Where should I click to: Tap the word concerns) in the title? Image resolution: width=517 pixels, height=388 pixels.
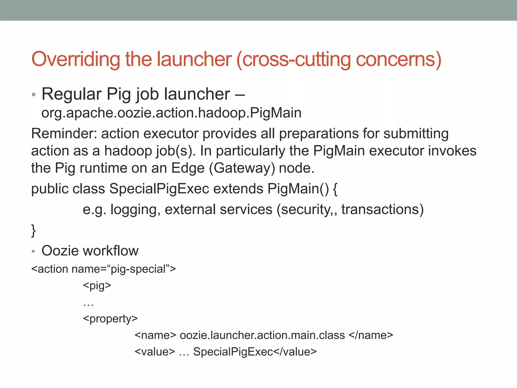click(399, 60)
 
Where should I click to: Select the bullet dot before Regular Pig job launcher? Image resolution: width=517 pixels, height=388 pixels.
click(34, 95)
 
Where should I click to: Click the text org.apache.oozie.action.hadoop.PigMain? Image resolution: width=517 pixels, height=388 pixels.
click(171, 113)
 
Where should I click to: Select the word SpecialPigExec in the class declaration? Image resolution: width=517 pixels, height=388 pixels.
click(159, 189)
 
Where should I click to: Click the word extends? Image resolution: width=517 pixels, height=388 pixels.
click(238, 189)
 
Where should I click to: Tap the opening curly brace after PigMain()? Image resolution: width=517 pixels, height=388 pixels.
click(335, 189)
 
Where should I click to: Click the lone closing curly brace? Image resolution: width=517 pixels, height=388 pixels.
click(33, 230)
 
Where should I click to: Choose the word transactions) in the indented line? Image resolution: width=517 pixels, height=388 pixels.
click(382, 209)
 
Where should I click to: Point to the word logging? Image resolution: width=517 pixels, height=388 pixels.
click(135, 210)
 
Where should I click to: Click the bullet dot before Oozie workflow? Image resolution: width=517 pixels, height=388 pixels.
click(33, 251)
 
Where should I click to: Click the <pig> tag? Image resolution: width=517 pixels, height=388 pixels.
click(97, 286)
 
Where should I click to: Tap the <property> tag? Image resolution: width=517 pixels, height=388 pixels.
click(110, 319)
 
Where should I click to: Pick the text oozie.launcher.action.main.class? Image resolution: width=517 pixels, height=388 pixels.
click(262, 335)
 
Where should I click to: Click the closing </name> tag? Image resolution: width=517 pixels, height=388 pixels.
click(371, 335)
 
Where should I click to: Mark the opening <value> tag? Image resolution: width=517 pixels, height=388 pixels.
click(155, 352)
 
